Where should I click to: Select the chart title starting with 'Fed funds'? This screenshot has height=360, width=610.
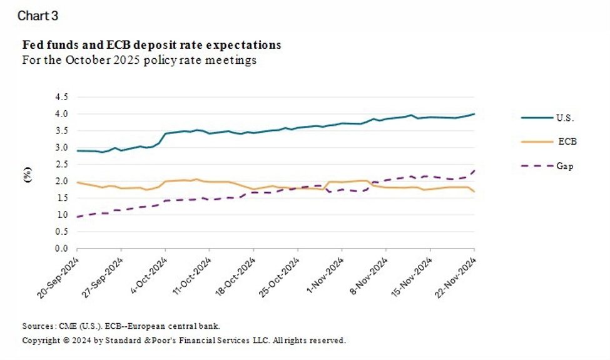point(151,45)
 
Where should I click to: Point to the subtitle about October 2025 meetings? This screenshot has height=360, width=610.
point(139,61)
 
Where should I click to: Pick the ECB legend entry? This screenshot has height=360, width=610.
point(566,141)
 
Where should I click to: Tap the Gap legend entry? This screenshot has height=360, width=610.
point(565,166)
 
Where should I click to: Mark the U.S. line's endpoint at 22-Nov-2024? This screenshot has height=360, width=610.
point(474,114)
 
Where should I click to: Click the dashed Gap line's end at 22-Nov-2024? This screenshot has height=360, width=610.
point(474,170)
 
